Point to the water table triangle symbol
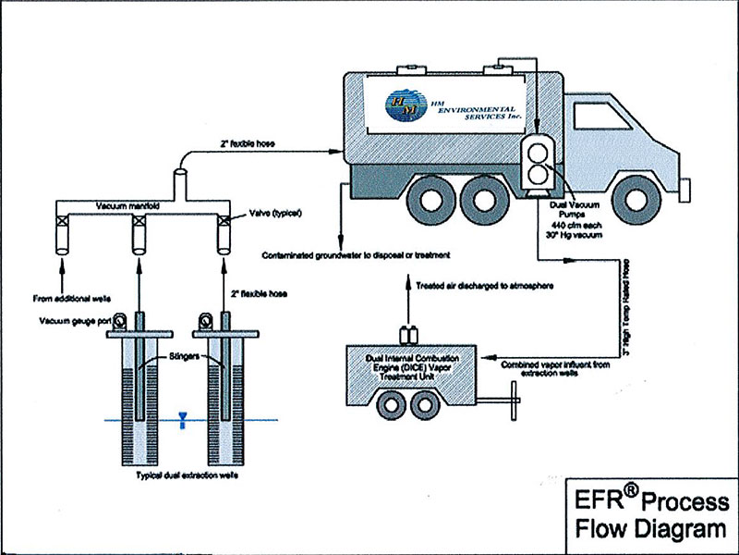point(184,419)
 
